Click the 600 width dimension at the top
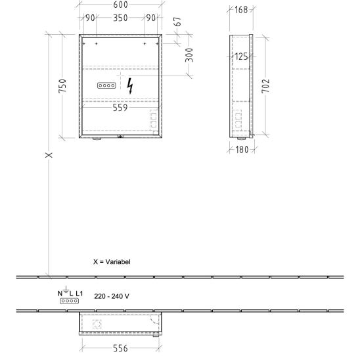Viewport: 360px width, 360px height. point(120,5)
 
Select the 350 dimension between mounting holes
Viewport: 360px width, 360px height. point(120,18)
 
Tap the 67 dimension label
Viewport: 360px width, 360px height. point(178,22)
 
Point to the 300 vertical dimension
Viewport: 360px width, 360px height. point(189,55)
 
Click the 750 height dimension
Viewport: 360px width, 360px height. point(62,86)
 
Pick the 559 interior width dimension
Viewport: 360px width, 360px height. point(120,108)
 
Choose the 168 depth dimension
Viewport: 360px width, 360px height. point(241,10)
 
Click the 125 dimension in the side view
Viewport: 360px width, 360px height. point(241,56)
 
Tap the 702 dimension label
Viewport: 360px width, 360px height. point(265,86)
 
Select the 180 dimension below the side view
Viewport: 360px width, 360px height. point(242,150)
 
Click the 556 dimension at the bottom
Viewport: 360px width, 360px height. point(120,348)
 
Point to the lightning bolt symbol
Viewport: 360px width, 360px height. point(130,86)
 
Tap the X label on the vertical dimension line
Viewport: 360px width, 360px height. point(49,155)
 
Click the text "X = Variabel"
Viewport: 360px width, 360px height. point(112,261)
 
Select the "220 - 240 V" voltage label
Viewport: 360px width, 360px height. point(112,296)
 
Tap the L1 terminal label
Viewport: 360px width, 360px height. point(79,293)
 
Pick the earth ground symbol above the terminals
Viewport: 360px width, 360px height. point(66,290)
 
